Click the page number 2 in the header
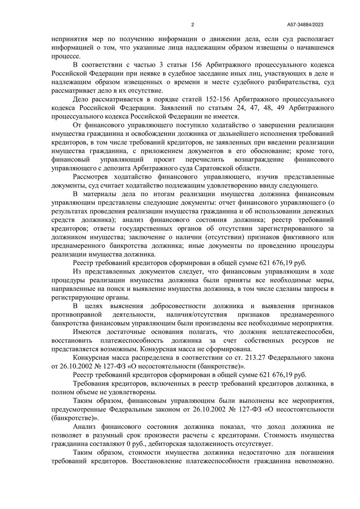(x=192, y=24)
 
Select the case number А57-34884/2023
(x=308, y=24)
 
